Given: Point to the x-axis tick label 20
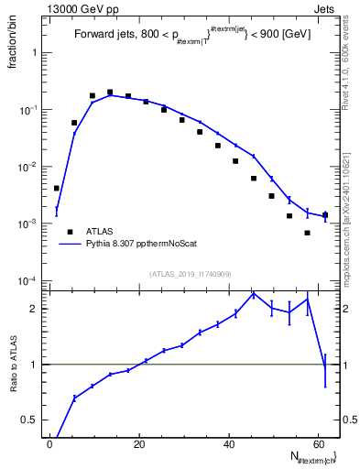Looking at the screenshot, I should [138, 443].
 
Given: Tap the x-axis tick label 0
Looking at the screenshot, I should [50, 443].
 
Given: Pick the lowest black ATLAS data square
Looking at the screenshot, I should [307, 233].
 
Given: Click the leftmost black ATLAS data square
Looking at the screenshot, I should [57, 188].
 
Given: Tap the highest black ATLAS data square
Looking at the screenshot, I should [110, 93].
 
